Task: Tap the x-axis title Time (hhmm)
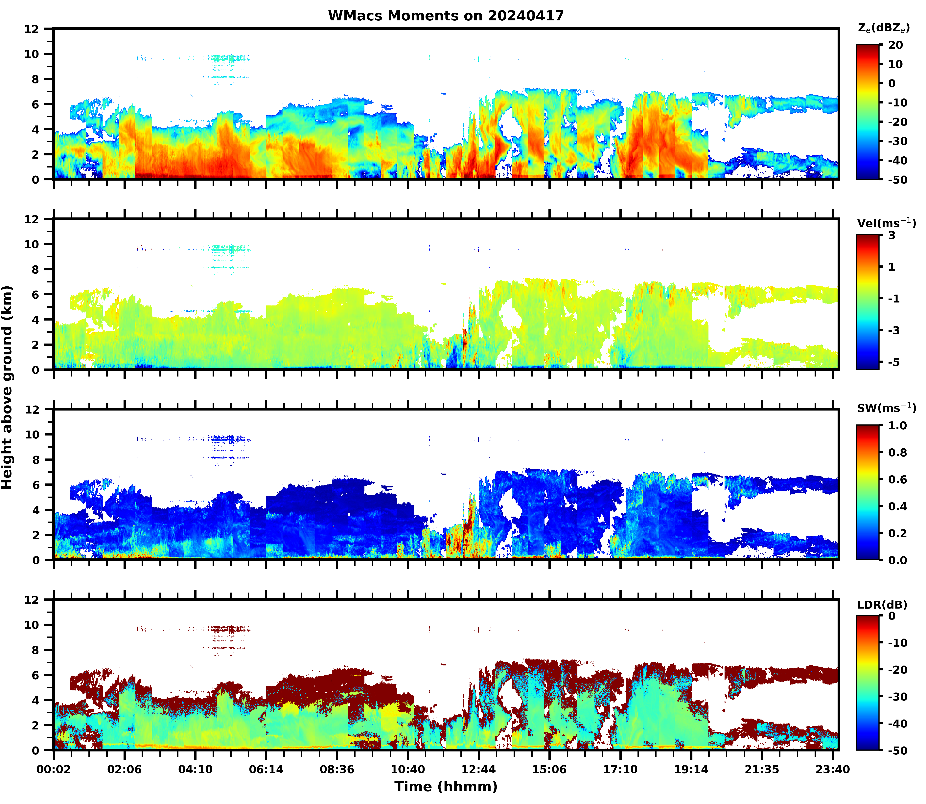[446, 787]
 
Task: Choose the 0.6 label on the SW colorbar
[897, 480]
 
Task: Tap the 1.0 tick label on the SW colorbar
[897, 426]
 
